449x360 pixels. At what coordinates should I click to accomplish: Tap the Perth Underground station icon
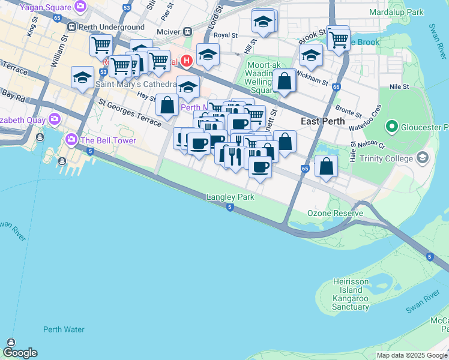coord(71,27)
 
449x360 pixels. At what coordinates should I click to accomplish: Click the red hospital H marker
coord(187,61)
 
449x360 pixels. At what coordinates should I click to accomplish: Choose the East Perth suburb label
coord(322,121)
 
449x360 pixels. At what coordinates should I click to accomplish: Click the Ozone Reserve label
coord(335,214)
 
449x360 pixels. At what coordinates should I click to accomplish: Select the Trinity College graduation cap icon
coord(423,158)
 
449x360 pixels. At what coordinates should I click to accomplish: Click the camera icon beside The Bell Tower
coord(71,140)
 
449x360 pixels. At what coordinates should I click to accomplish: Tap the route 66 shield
coord(336,88)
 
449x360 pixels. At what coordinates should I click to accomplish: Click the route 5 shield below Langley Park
coord(230,207)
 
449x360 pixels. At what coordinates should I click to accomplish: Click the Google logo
coord(20,353)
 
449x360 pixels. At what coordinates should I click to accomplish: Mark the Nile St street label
coord(399,87)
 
